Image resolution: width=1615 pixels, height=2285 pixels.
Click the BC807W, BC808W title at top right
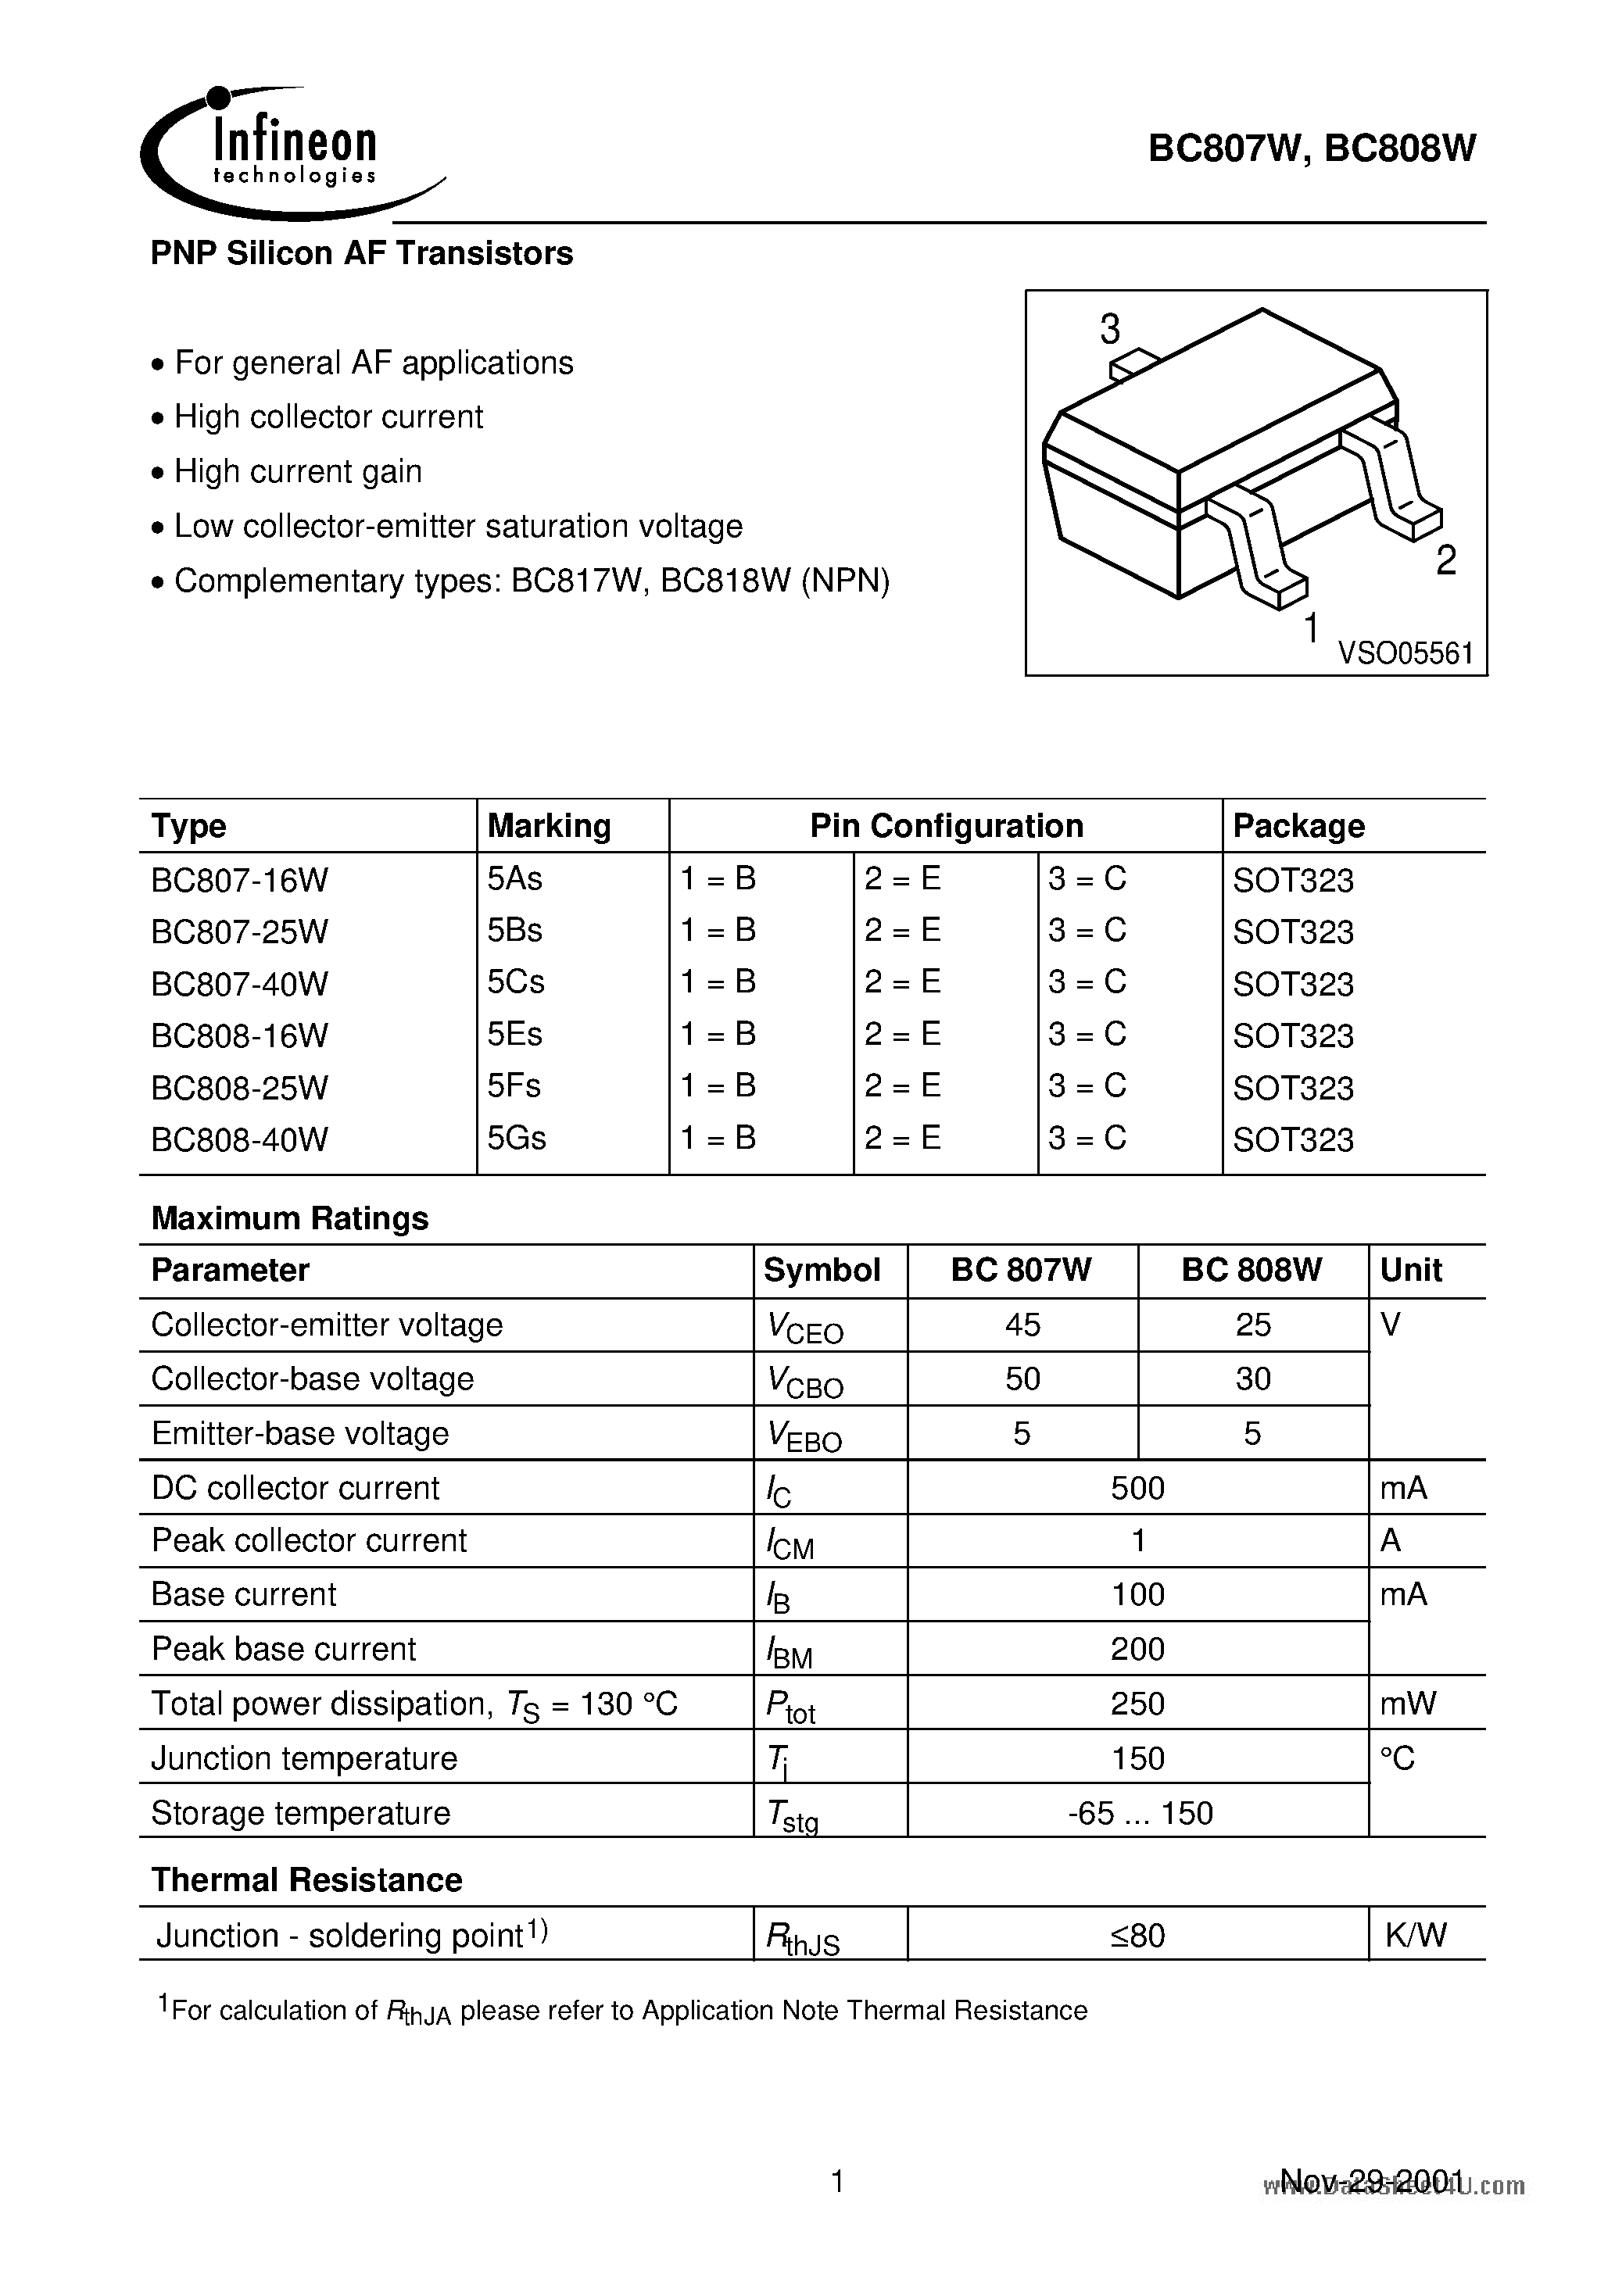tap(1312, 148)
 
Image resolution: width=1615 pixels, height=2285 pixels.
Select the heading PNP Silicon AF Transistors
tap(361, 254)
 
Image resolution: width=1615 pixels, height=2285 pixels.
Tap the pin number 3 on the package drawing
tap(1109, 330)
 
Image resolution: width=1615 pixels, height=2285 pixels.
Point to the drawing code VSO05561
tap(1405, 654)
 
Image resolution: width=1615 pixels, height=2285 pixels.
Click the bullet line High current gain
tap(298, 472)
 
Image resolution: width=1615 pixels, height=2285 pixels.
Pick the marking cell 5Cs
tap(516, 982)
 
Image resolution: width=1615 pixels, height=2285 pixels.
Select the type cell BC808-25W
tap(239, 1087)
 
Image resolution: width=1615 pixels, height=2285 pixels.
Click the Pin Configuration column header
tap(945, 826)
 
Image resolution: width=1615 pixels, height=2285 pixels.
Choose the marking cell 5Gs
tap(516, 1138)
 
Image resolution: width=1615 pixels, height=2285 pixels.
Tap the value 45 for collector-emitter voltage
tap(1022, 1325)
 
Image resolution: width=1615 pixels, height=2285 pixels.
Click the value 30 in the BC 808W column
tap(1252, 1379)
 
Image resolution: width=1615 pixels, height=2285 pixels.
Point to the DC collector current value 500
tap(1137, 1488)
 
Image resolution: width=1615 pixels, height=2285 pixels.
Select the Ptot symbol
tap(790, 1706)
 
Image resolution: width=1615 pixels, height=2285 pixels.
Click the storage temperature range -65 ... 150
tap(1139, 1813)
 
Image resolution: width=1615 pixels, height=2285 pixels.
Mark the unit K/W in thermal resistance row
tap(1415, 1935)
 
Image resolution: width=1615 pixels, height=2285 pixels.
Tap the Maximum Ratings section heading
tap(290, 1218)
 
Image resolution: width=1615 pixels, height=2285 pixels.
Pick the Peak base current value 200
tap(1137, 1649)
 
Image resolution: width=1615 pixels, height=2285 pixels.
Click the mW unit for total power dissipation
tap(1407, 1704)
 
